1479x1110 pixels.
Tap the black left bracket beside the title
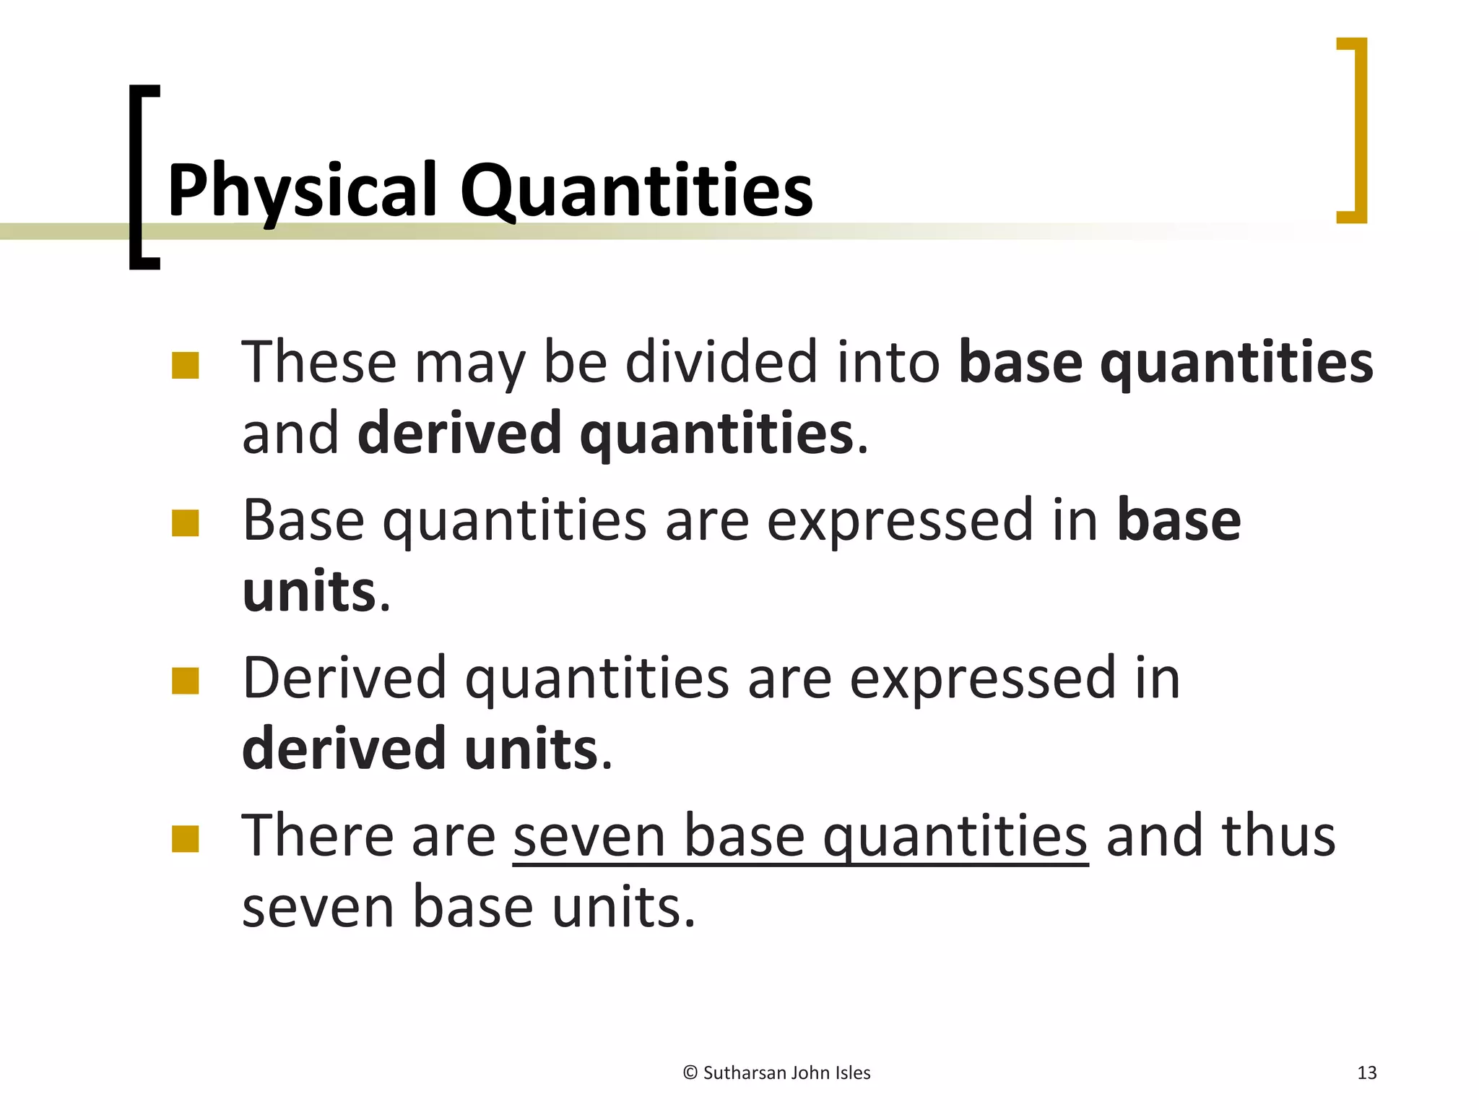137,177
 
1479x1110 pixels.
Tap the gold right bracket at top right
1358,130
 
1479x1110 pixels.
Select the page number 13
1366,1073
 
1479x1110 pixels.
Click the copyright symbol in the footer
690,1073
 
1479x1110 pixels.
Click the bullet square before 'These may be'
186,366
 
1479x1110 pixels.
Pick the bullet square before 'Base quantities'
186,524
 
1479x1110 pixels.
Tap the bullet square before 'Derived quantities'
186,681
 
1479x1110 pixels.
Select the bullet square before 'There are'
186,839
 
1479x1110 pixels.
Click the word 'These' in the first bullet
318,362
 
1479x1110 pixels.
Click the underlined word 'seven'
589,836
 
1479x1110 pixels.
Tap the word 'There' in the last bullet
317,836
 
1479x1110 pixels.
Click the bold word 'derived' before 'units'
344,749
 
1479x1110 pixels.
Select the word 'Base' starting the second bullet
303,520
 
